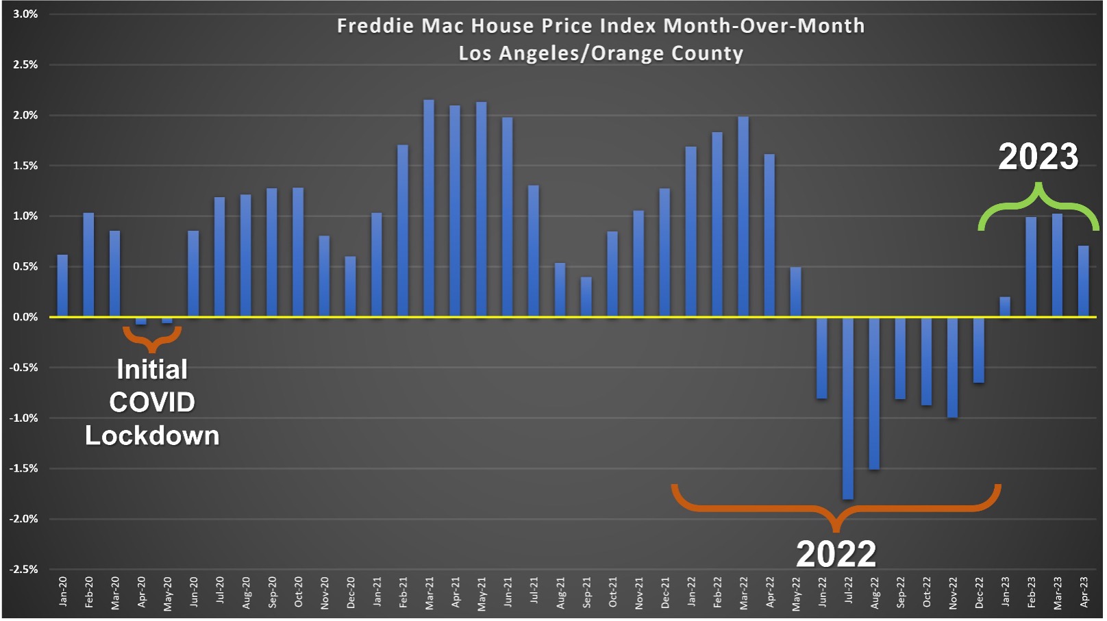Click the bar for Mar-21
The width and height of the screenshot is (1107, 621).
point(429,209)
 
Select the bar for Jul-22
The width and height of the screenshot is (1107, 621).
point(848,408)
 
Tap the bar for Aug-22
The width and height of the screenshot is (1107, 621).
point(874,393)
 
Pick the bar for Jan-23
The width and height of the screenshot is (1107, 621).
point(1005,307)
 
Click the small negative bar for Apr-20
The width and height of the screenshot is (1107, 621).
point(141,320)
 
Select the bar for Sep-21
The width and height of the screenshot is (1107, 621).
point(586,296)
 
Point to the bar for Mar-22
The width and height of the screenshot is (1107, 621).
point(743,217)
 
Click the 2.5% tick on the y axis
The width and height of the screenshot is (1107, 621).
point(25,64)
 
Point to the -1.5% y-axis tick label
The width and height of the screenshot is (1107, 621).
point(24,468)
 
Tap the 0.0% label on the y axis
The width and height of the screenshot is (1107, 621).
point(25,317)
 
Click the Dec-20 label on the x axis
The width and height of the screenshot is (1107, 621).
point(351,592)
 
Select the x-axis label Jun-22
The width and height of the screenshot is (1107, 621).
point(822,592)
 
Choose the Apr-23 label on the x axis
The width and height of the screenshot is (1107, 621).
point(1084,592)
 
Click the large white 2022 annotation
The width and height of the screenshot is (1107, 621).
point(836,554)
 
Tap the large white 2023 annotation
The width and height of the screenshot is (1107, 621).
point(1038,157)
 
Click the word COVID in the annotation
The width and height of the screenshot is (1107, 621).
point(152,403)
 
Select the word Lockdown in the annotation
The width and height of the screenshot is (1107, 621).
point(152,436)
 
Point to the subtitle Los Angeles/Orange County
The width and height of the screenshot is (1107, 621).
point(601,53)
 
